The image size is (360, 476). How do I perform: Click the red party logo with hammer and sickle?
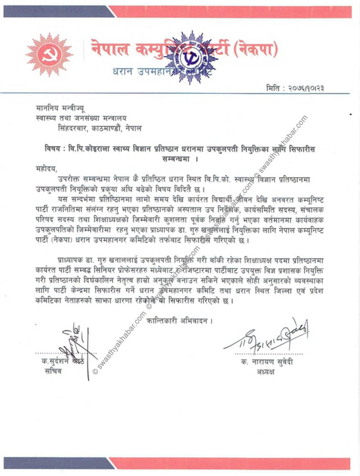pos(43,54)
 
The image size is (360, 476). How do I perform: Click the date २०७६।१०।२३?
pos(306,88)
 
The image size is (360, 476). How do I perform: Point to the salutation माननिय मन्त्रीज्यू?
pos(60,108)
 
